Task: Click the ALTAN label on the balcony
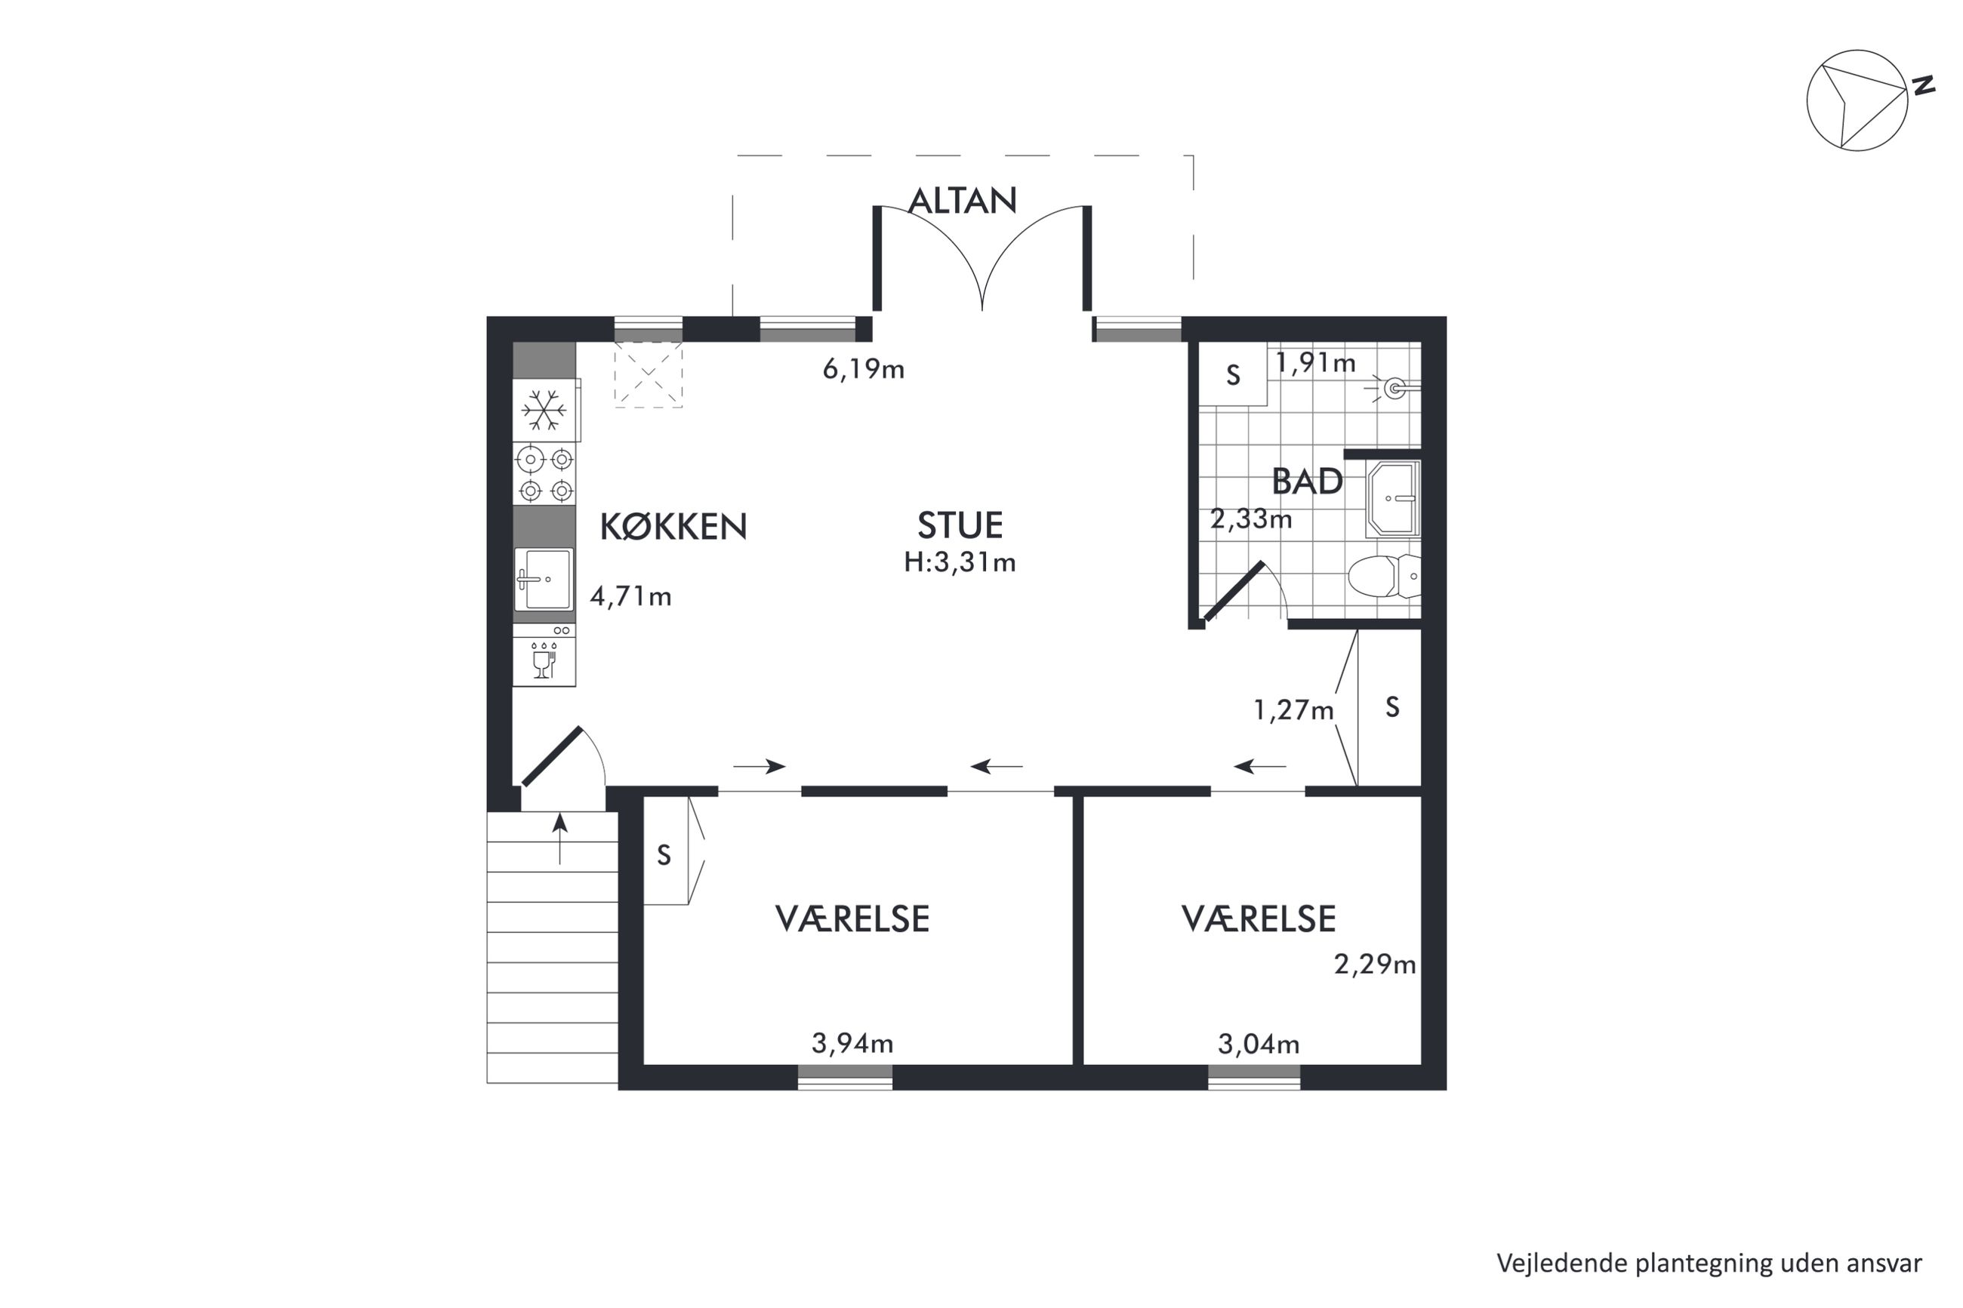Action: click(962, 200)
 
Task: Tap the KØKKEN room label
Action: click(673, 526)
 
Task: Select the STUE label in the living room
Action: click(960, 525)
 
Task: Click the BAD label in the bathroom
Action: click(1307, 482)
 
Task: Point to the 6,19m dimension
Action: click(864, 369)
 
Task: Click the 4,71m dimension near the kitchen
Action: click(630, 596)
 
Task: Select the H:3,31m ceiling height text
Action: click(960, 562)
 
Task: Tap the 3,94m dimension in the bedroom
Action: click(852, 1043)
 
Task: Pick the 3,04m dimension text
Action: click(1259, 1044)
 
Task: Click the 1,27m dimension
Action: click(1294, 710)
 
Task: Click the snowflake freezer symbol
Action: click(544, 411)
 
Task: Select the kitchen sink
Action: click(544, 579)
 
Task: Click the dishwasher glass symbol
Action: click(543, 660)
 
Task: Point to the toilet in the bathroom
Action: click(1383, 577)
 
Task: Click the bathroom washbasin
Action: click(1393, 498)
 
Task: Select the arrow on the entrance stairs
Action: click(559, 839)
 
